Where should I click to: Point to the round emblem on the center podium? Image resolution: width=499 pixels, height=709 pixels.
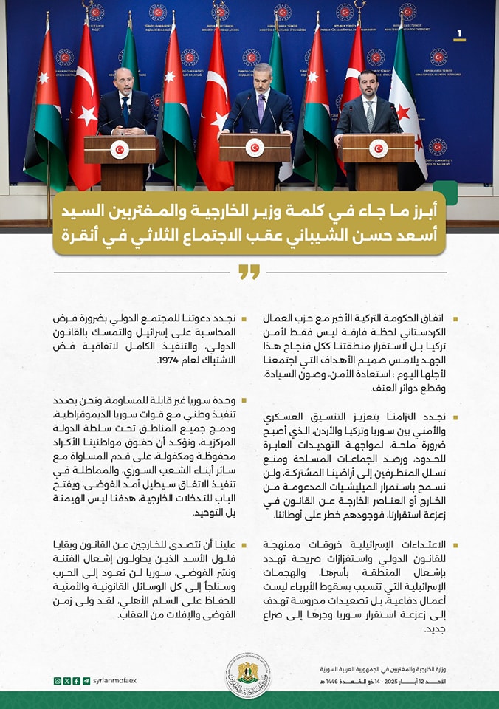(x=255, y=148)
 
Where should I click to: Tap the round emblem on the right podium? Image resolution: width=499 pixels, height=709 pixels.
(x=379, y=148)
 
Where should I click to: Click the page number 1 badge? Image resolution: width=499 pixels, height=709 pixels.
(x=460, y=34)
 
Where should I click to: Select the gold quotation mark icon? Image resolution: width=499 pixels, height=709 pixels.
(x=250, y=273)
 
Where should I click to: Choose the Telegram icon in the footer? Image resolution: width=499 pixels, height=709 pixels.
(x=86, y=680)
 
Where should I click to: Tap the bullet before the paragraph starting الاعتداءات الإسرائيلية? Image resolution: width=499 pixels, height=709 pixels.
(x=455, y=545)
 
